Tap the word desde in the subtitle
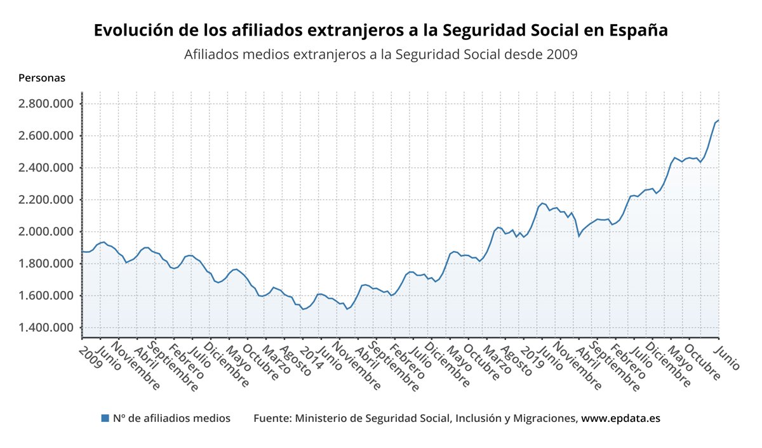(x=521, y=55)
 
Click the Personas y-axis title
(x=42, y=78)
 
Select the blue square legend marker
(x=105, y=418)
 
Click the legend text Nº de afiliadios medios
(x=171, y=418)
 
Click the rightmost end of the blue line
(x=718, y=120)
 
